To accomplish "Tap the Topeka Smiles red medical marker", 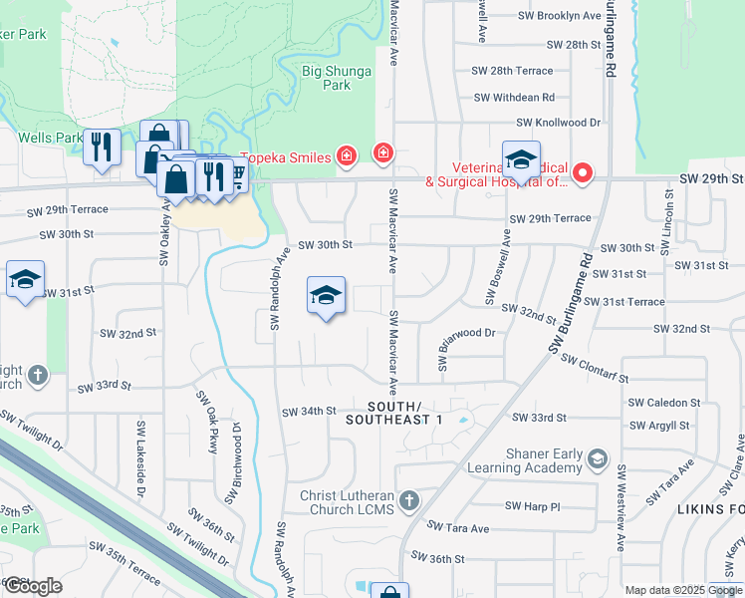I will [x=346, y=154].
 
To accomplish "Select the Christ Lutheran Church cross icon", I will [x=408, y=498].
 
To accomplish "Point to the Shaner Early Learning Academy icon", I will [x=597, y=458].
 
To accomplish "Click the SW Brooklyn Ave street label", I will [x=562, y=16].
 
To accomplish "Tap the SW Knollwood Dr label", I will [x=559, y=123].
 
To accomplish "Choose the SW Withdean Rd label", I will [x=514, y=98].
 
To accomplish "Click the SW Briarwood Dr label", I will [x=466, y=333].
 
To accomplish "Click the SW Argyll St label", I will [x=658, y=426].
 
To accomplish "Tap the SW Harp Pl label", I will [x=533, y=506].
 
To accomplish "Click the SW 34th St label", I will [x=310, y=412].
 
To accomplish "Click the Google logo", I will [x=33, y=586].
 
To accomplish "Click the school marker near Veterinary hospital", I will [x=520, y=159].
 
